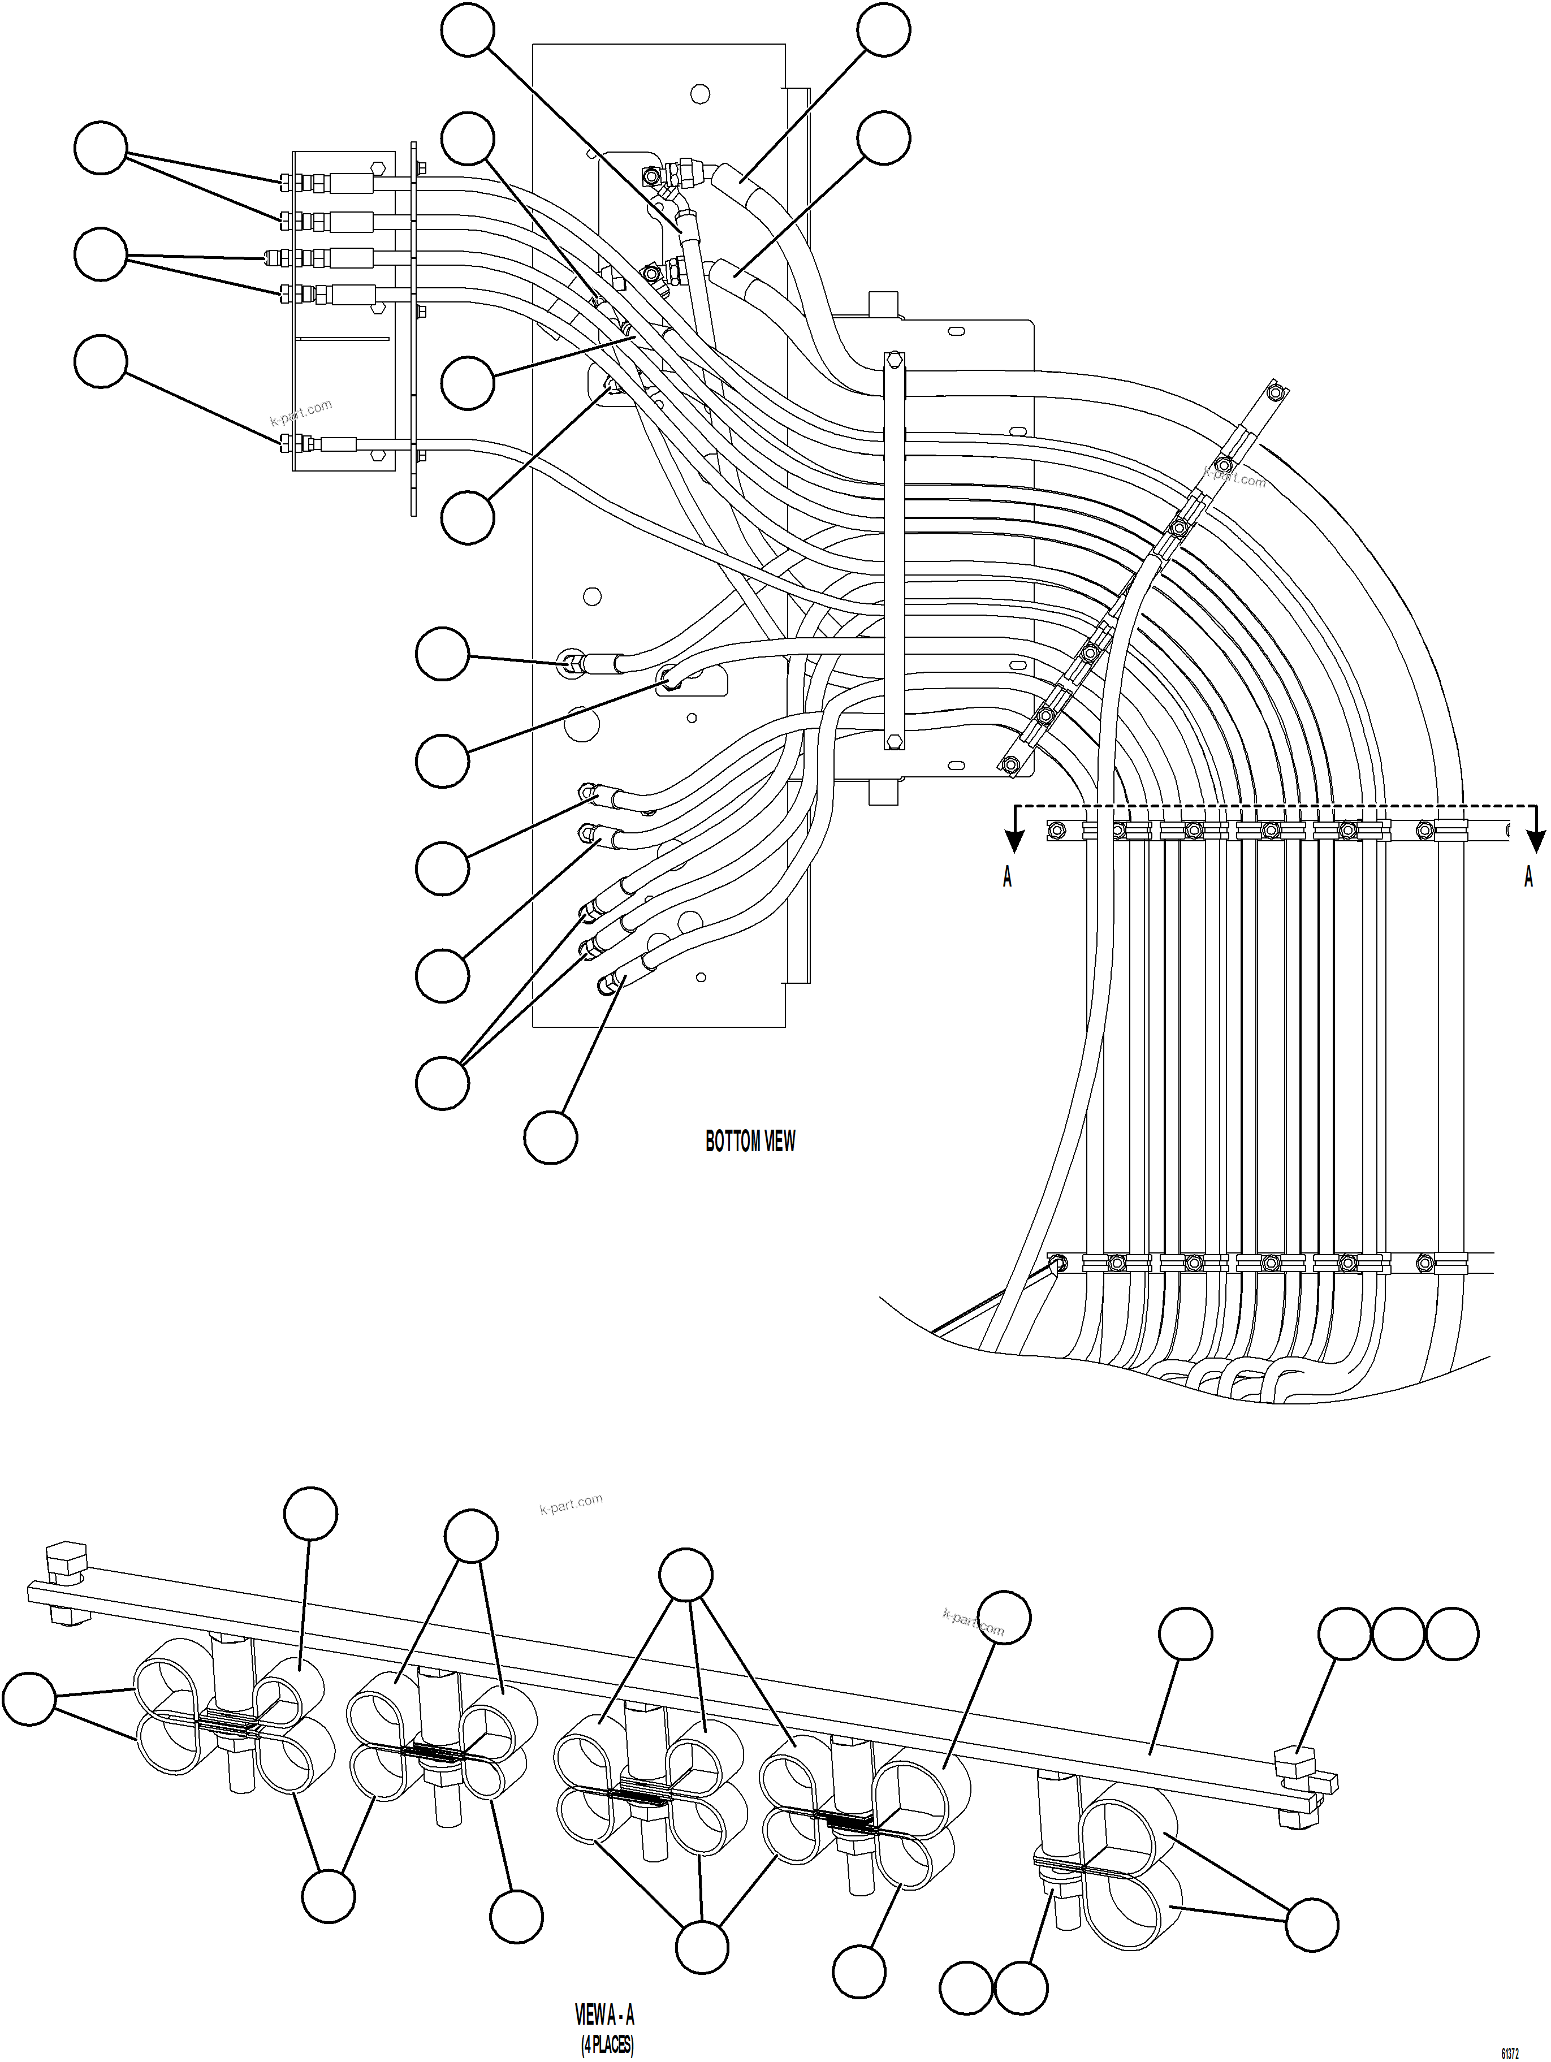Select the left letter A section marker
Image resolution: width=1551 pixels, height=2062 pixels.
(x=1006, y=876)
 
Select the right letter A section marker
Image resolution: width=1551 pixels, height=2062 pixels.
(x=1528, y=876)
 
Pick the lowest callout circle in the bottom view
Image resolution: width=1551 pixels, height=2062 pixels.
(x=550, y=1136)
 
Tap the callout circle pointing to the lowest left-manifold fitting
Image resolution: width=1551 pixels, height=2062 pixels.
(x=101, y=362)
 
